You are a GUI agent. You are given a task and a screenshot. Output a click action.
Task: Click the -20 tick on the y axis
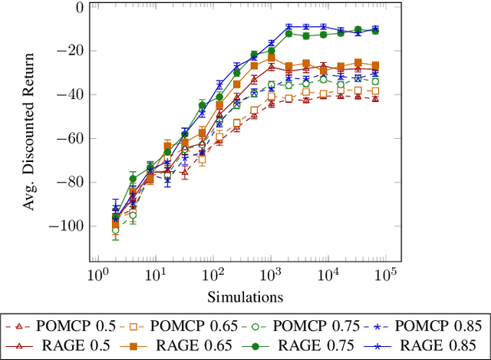click(x=70, y=51)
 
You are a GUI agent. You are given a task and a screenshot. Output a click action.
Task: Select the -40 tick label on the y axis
click(x=70, y=95)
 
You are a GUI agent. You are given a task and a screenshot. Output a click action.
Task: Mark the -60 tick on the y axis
click(x=70, y=139)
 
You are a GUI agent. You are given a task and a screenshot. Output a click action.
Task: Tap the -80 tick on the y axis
click(x=70, y=183)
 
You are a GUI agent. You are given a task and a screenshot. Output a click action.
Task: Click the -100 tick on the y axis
click(x=67, y=226)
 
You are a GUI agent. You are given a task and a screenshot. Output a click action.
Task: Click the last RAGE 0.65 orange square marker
click(x=375, y=66)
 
